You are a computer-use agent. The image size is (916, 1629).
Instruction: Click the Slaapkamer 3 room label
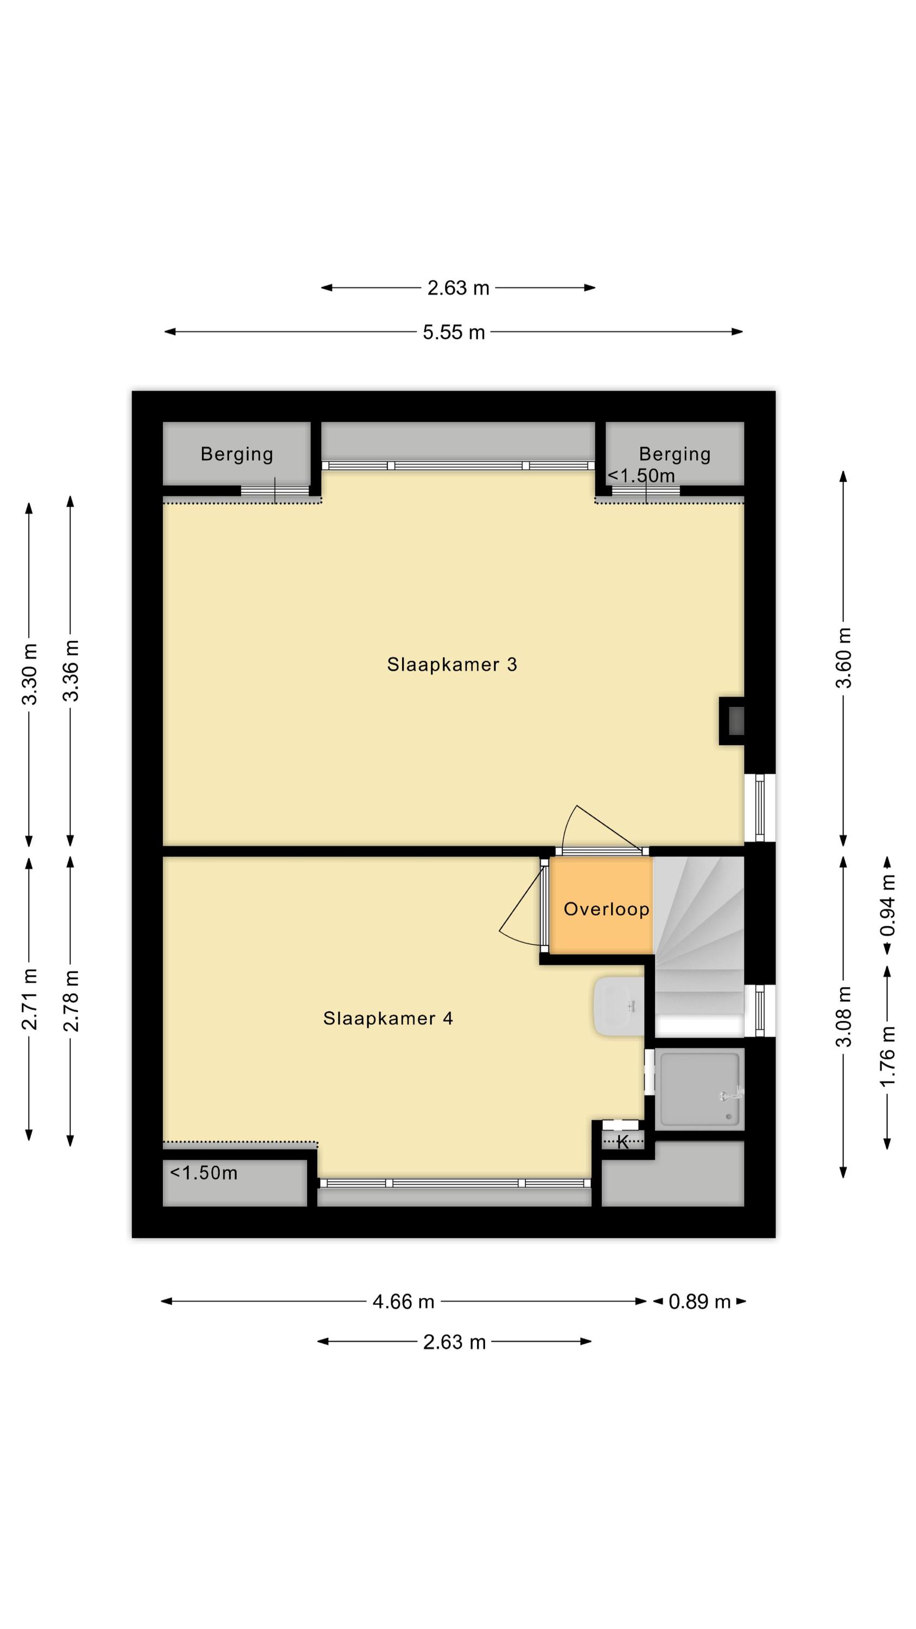[x=451, y=665]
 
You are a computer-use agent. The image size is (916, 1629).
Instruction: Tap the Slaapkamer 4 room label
[x=387, y=1018]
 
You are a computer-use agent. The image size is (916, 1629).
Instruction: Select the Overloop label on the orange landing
[x=606, y=909]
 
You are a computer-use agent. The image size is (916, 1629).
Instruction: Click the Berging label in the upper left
[x=237, y=454]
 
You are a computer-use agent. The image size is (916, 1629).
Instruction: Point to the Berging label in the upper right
[x=675, y=454]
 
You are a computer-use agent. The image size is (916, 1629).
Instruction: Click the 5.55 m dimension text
[x=453, y=332]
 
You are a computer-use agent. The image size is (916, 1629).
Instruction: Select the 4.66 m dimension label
[x=403, y=1302]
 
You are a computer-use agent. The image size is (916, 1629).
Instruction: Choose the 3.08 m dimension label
[x=843, y=1016]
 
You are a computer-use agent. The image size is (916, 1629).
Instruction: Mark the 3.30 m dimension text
[x=29, y=673]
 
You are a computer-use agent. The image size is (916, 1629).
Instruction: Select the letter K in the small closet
[x=622, y=1142]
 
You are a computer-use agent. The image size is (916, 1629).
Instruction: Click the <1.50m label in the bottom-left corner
[x=203, y=1173]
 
